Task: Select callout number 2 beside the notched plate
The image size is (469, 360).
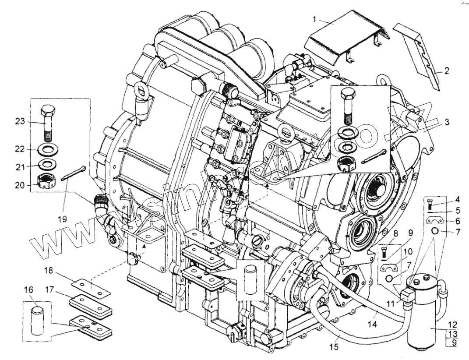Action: pyautogui.click(x=446, y=70)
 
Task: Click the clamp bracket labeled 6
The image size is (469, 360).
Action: pyautogui.click(x=435, y=221)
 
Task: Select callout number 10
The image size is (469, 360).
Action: pyautogui.click(x=408, y=252)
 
